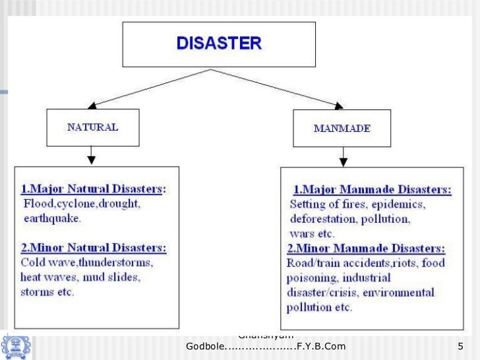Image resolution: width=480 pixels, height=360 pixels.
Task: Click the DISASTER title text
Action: tap(219, 44)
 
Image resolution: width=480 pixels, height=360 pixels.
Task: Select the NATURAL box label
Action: tap(93, 127)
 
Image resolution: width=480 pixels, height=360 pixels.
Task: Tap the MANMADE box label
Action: tap(341, 127)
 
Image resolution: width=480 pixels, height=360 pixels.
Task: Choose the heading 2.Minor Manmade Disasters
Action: tap(366, 249)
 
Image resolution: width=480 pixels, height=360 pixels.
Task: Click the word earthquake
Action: tap(52, 218)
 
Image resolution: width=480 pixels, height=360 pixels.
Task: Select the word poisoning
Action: tap(310, 278)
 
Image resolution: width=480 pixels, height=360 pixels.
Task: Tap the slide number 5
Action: tap(460, 346)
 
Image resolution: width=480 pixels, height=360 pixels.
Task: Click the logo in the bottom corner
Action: tap(15, 345)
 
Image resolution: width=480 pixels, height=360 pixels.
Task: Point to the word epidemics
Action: tap(402, 204)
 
